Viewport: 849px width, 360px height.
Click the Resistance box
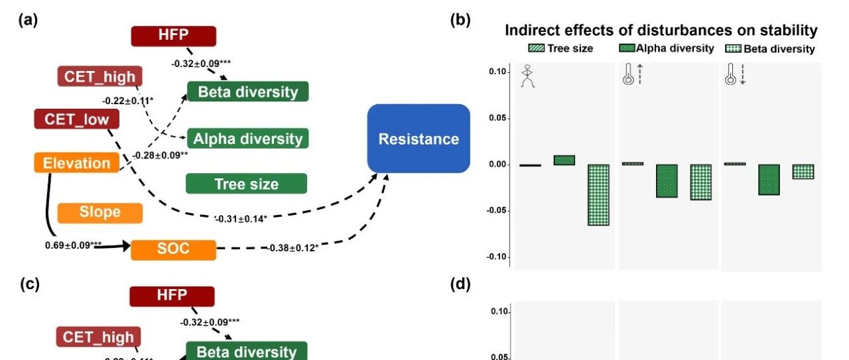click(419, 139)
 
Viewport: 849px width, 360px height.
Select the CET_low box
click(76, 119)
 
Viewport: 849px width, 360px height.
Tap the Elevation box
click(76, 162)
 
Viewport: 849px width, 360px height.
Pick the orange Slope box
click(100, 212)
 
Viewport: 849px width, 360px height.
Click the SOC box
click(173, 249)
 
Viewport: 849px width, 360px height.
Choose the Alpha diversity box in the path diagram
click(247, 139)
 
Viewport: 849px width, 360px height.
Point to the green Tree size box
click(246, 184)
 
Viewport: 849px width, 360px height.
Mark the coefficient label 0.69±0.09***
click(74, 245)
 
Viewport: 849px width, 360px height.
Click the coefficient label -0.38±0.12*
click(292, 248)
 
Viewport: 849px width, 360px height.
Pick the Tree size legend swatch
click(536, 48)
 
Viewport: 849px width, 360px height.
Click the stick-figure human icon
click(528, 76)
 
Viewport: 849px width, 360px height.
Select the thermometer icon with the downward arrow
click(735, 75)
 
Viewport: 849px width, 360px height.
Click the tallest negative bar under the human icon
click(598, 195)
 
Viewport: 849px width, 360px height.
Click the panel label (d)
click(460, 284)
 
